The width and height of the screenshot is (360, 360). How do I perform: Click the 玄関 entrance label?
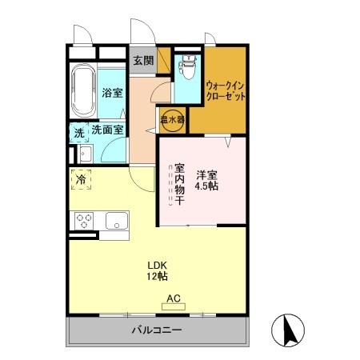pos(142,61)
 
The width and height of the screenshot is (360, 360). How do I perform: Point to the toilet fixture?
pos(187,71)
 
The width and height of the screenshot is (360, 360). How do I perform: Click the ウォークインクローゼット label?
pos(225,89)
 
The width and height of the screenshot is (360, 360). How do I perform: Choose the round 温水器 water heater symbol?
pos(172,118)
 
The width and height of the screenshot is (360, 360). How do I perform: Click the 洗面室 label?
pos(106,129)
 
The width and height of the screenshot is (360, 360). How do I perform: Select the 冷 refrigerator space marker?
pos(81,180)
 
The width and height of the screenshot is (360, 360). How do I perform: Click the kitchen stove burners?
pos(85,218)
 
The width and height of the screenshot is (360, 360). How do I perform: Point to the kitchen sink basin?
pos(117,218)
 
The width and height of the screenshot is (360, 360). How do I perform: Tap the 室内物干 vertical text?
pos(180,185)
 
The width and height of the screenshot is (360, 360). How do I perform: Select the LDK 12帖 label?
pos(156,271)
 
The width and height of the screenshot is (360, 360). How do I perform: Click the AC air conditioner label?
pos(173,299)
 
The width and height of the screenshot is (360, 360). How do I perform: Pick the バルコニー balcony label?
pos(156,330)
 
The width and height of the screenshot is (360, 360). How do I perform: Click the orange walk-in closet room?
pos(225,112)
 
